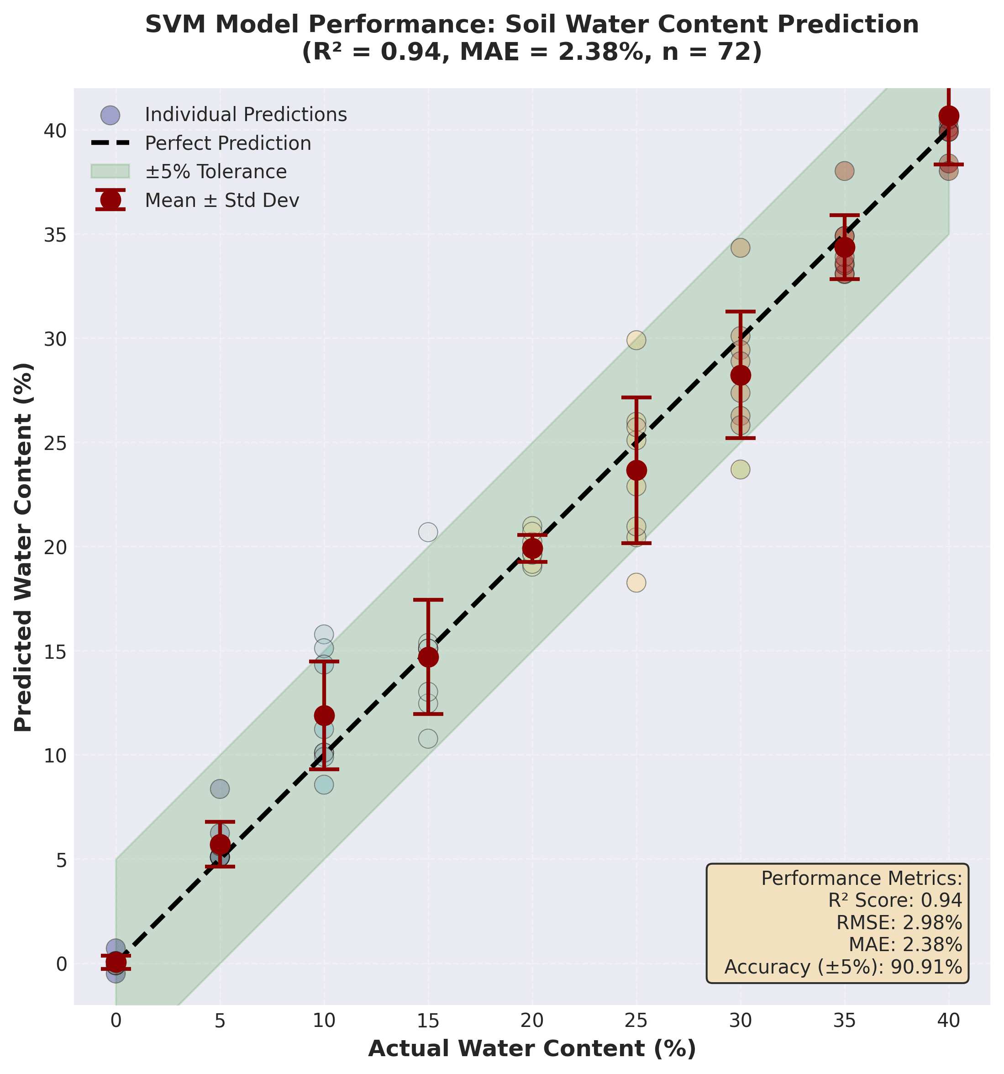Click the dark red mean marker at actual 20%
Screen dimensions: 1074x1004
pyautogui.click(x=532, y=548)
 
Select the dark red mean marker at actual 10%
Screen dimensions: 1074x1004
pyautogui.click(x=324, y=715)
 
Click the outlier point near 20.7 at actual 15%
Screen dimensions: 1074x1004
pyautogui.click(x=428, y=532)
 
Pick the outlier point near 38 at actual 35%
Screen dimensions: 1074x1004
pyautogui.click(x=844, y=172)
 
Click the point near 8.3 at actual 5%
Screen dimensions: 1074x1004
pyautogui.click(x=220, y=789)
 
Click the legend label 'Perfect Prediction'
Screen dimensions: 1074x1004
pyautogui.click(x=228, y=143)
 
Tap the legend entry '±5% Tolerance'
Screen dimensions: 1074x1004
pyautogui.click(x=216, y=172)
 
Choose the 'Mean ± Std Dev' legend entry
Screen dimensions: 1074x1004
pyautogui.click(x=222, y=201)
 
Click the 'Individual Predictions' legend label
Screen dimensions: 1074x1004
pyautogui.click(x=246, y=115)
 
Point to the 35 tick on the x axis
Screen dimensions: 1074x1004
pyautogui.click(x=844, y=1021)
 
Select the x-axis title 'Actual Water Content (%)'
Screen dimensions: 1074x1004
pyautogui.click(x=531, y=1048)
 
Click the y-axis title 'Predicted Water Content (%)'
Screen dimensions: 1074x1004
pyautogui.click(x=24, y=547)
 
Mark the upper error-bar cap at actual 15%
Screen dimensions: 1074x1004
pyautogui.click(x=428, y=600)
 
